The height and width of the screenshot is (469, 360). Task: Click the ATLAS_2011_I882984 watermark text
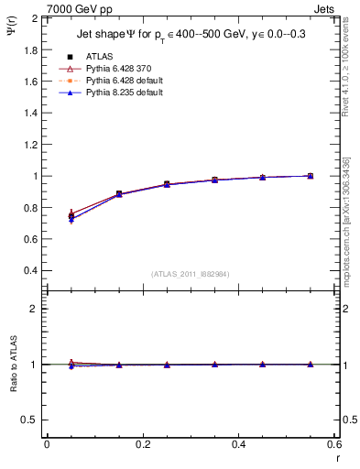tap(191, 274)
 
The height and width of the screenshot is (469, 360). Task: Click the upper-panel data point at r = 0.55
tap(311, 176)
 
